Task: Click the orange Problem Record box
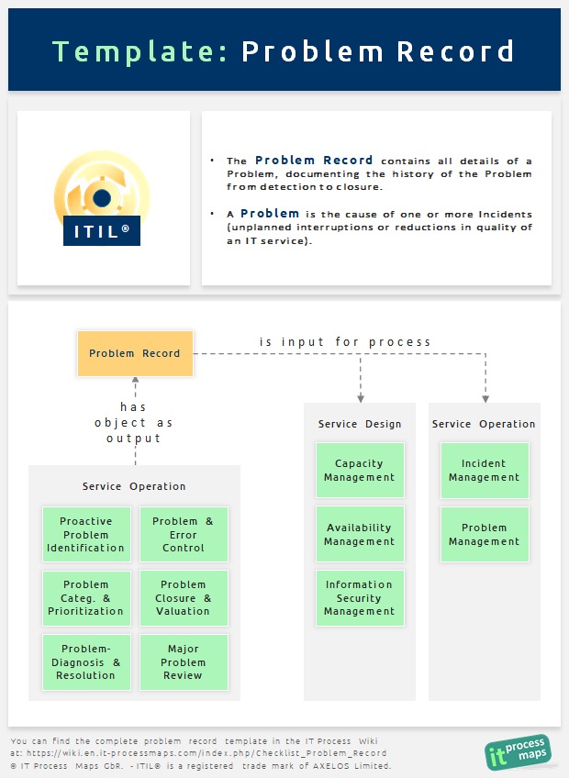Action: [x=135, y=353]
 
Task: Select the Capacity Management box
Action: [x=360, y=470]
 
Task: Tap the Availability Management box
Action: [x=360, y=534]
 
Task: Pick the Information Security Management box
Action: [x=360, y=598]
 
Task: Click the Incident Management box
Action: [x=485, y=470]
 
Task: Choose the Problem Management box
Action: [x=485, y=534]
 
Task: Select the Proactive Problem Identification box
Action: [x=86, y=534]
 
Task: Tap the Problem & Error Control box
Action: [x=184, y=534]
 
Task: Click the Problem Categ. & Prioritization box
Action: [x=86, y=598]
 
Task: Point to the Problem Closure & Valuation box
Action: [x=184, y=598]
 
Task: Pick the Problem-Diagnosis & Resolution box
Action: [x=86, y=661]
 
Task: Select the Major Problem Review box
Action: [x=184, y=661]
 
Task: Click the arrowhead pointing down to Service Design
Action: [x=361, y=399]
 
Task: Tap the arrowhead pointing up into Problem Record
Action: [x=135, y=380]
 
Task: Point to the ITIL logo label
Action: [x=102, y=231]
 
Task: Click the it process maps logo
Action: [x=518, y=751]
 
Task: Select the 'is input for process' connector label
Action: [x=344, y=342]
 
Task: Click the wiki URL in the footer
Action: [x=206, y=752]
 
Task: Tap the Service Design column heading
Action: [x=360, y=424]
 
